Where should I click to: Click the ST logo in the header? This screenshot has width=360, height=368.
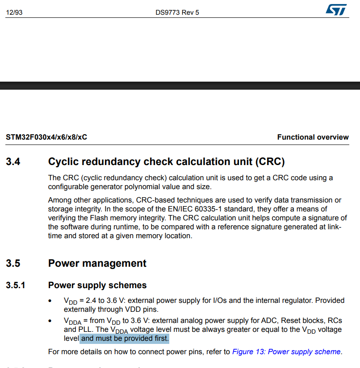[x=335, y=10]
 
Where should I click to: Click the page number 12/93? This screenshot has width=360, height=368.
[x=14, y=12]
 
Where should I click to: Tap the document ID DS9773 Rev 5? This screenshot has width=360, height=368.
[x=177, y=12]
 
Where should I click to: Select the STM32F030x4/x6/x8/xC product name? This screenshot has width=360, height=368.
[x=46, y=137]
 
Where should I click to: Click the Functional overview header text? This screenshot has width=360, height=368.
[x=313, y=137]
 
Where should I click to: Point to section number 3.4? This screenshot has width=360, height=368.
[x=13, y=161]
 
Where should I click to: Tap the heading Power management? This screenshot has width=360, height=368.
[x=97, y=263]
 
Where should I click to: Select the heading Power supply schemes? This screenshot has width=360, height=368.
[x=97, y=285]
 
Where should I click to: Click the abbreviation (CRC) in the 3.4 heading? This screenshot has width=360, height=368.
[x=268, y=161]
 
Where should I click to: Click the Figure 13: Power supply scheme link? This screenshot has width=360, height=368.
[x=286, y=351]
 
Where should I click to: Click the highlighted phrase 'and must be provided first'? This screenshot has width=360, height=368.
[x=125, y=339]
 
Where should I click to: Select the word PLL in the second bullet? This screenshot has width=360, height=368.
[x=84, y=330]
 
